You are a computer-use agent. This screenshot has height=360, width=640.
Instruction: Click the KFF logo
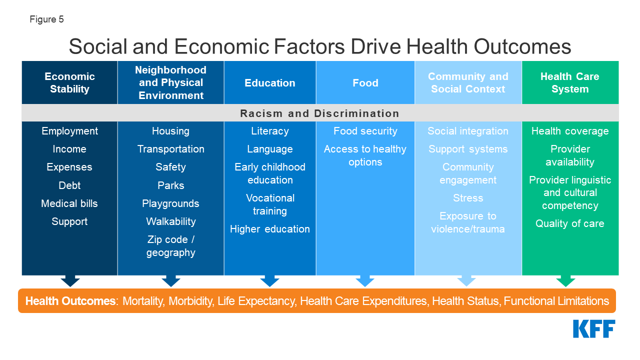[x=594, y=329]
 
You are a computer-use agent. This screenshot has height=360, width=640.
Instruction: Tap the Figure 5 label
[x=46, y=19]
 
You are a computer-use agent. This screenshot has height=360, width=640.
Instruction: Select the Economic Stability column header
[x=69, y=82]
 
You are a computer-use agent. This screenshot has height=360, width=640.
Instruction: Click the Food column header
[x=365, y=83]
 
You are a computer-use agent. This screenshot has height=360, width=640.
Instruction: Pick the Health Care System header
[x=570, y=82]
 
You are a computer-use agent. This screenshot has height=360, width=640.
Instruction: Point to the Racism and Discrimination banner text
[x=319, y=113]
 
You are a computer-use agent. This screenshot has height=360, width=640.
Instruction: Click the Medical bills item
[x=69, y=203]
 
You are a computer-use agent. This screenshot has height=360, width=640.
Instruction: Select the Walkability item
[x=171, y=221]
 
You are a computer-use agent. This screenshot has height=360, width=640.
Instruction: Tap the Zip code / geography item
[x=171, y=246]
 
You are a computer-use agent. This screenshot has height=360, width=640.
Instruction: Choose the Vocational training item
[x=270, y=204]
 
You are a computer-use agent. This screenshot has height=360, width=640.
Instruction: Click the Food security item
[x=365, y=131]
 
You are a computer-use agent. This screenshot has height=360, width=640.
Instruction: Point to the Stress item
[x=468, y=198]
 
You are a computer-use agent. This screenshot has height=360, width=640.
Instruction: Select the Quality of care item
[x=570, y=223]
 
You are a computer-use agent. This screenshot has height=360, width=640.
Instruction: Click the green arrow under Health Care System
[x=565, y=281]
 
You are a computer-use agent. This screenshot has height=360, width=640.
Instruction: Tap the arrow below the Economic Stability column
[x=70, y=281]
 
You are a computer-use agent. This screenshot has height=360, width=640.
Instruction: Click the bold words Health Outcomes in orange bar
[x=70, y=301]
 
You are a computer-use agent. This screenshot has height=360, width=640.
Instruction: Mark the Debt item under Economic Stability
[x=69, y=185]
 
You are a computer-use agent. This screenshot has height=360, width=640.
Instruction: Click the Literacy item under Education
[x=270, y=131]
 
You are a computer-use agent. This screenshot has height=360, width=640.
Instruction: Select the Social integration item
[x=468, y=131]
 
